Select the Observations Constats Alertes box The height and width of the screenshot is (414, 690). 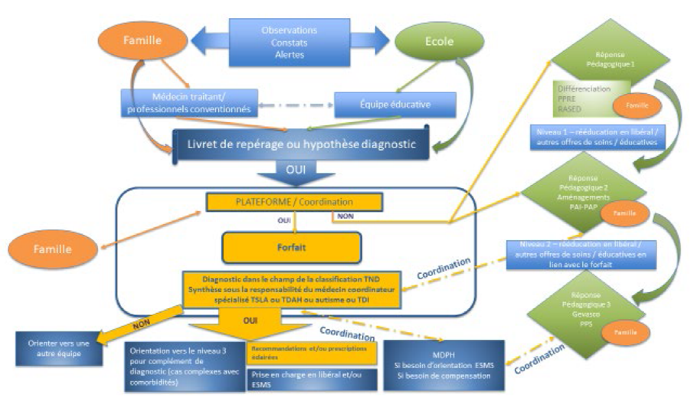[289, 42]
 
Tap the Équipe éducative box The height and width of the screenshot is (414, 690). [395, 104]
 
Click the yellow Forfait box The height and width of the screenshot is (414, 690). [291, 247]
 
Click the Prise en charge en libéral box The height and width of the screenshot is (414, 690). [312, 379]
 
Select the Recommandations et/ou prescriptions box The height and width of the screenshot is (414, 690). [312, 353]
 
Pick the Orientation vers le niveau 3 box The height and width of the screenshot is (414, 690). [183, 365]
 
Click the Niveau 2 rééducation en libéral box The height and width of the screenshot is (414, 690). [582, 255]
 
